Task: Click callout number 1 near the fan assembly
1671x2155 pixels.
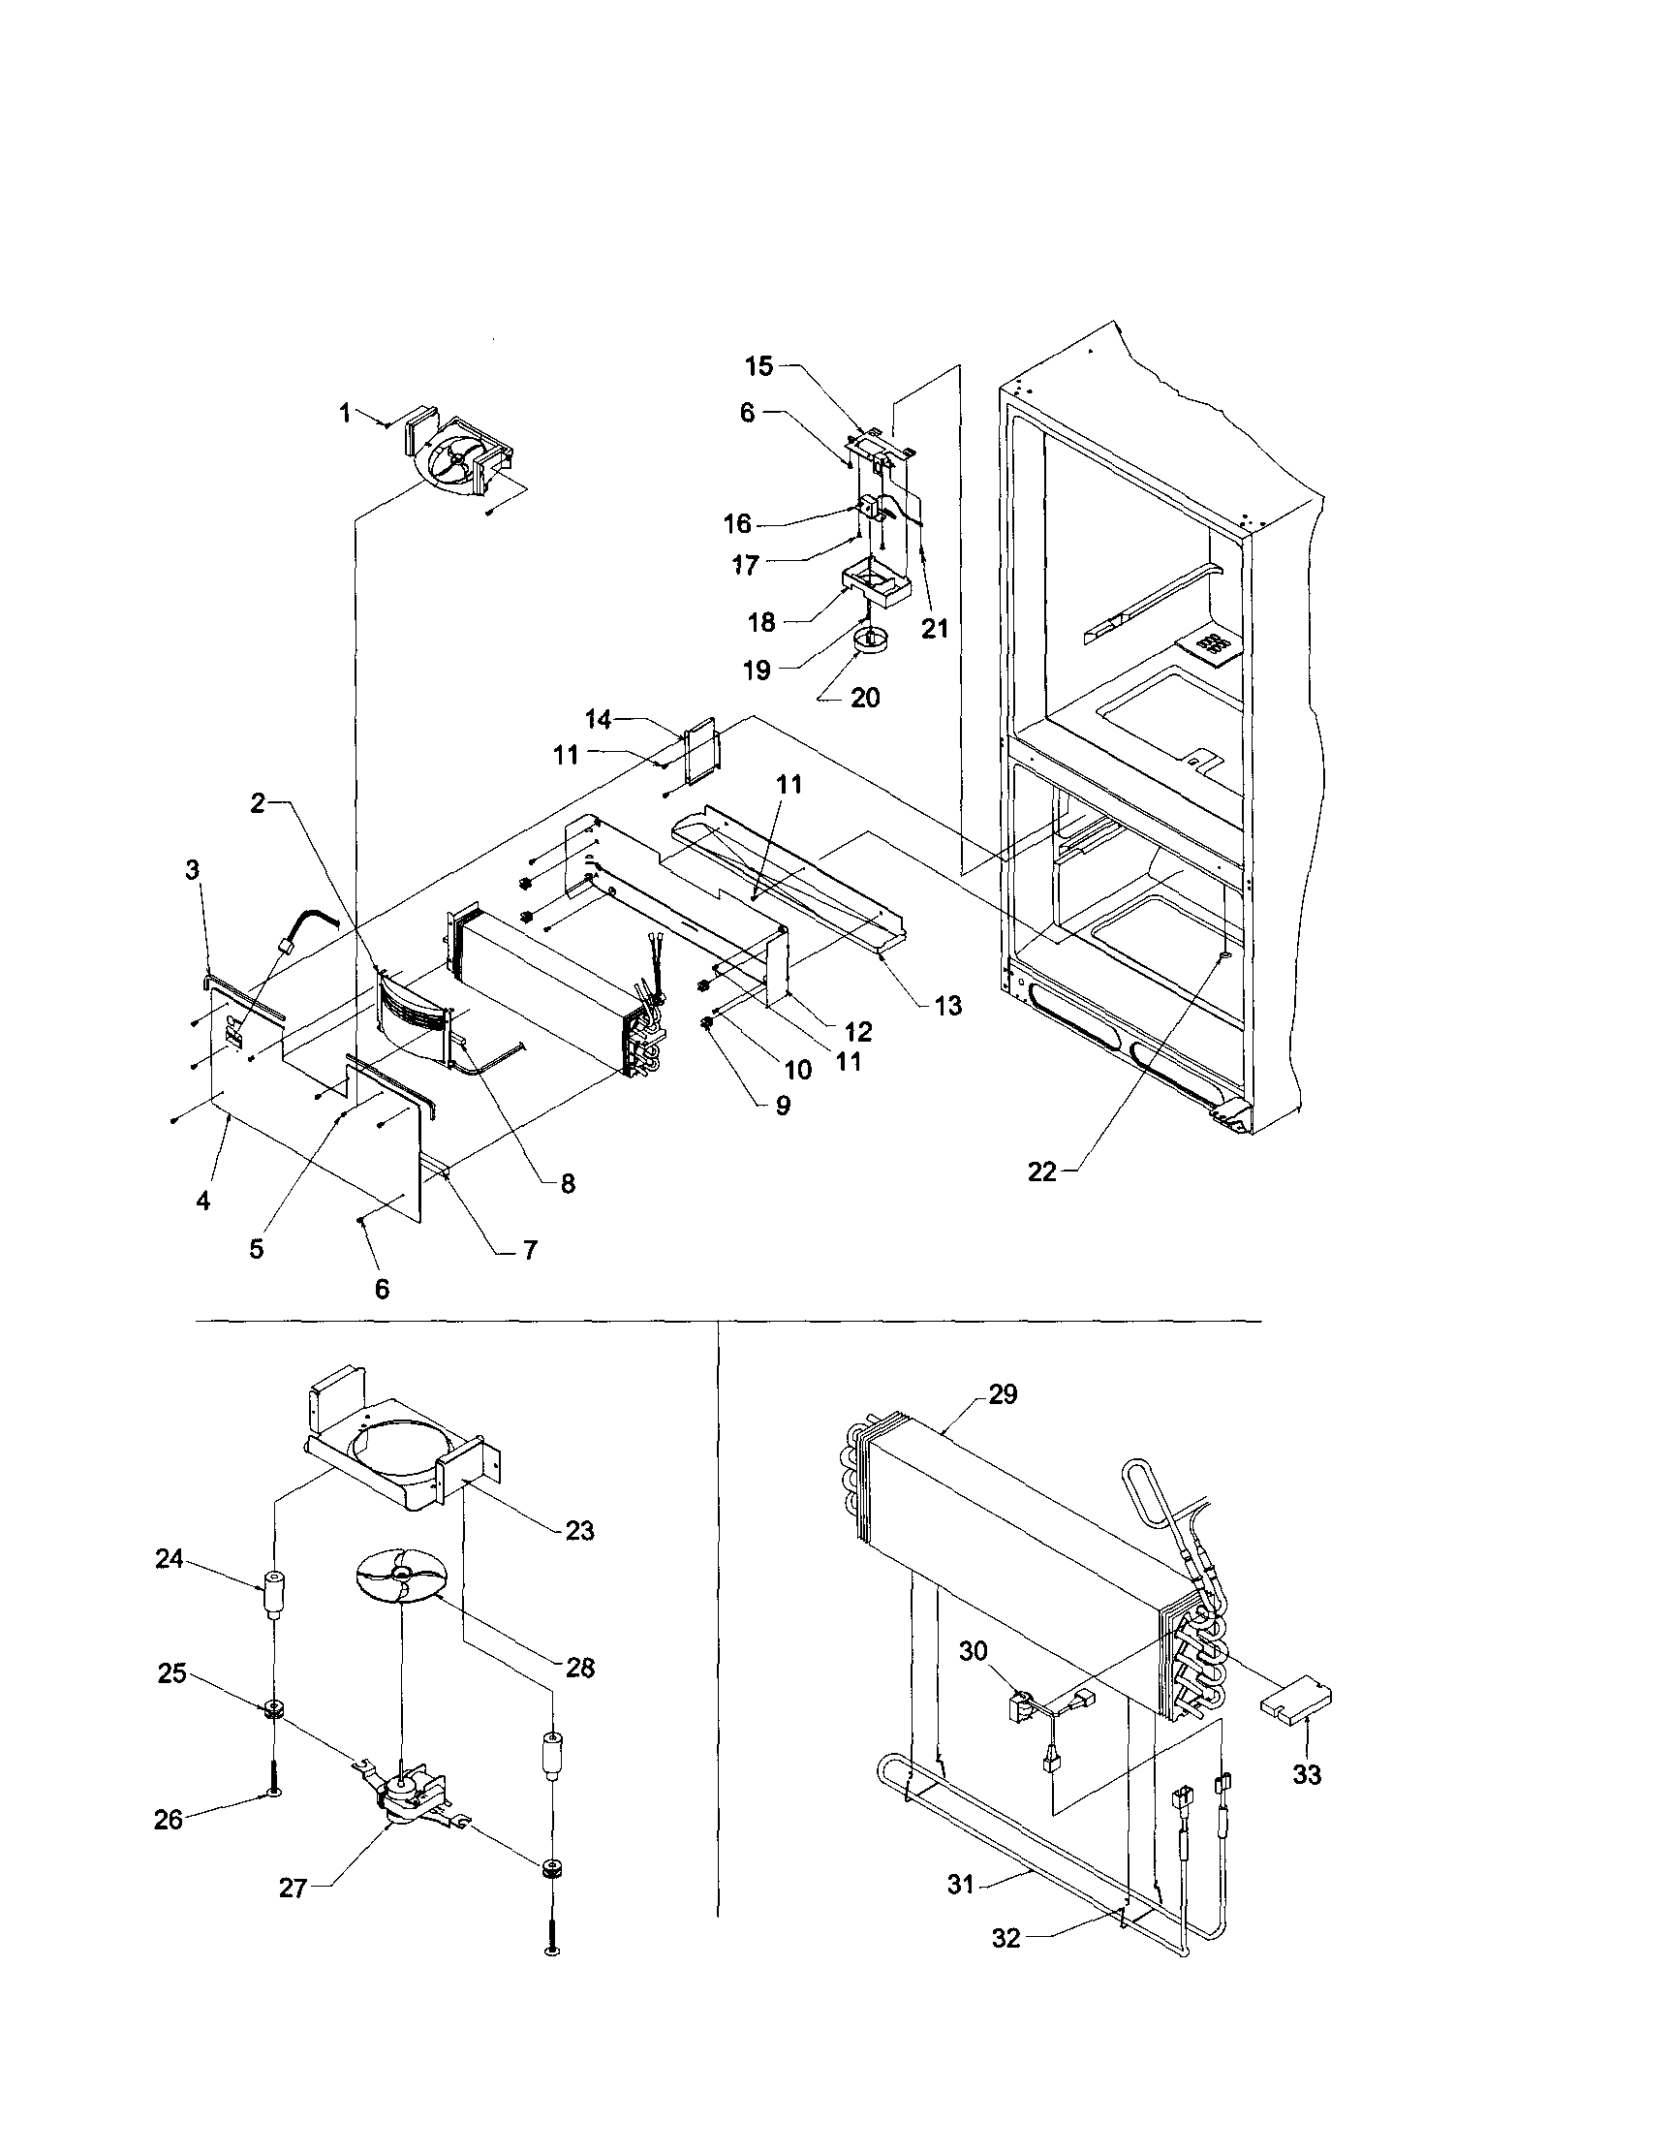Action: [x=345, y=414]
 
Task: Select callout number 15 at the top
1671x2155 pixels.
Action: [x=759, y=366]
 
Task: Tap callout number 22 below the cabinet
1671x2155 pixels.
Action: [x=1041, y=1172]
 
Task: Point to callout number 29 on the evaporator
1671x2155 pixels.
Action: [x=1003, y=1395]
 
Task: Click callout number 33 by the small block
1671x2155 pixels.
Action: [x=1307, y=1775]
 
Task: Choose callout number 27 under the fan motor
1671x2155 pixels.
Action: [x=293, y=1888]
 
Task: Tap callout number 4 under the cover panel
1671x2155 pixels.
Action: [x=203, y=1201]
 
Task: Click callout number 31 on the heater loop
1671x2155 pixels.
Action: [x=961, y=1885]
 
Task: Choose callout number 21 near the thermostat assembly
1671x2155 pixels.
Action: [x=934, y=628]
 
